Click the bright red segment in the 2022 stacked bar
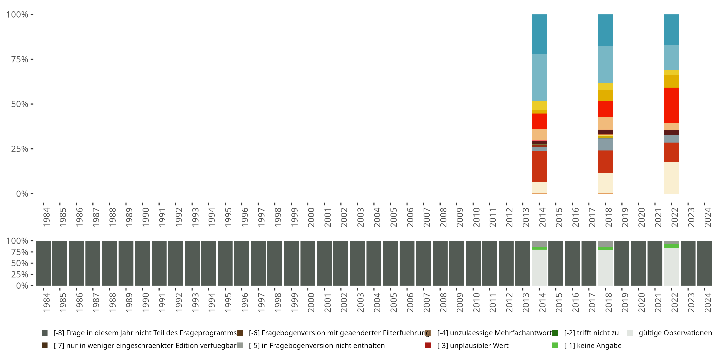(671, 105)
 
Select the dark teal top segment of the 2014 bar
(539, 34)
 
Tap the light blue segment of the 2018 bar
(606, 65)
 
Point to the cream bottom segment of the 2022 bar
(671, 178)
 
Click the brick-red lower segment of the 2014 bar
(539, 166)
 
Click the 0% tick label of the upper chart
(22, 194)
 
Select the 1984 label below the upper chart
(46, 217)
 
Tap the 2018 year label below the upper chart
(608, 217)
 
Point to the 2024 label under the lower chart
(708, 302)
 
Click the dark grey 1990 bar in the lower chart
(143, 263)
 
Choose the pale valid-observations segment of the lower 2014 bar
(539, 267)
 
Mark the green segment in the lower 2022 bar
(671, 246)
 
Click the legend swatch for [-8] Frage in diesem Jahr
(44, 333)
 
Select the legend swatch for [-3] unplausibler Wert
(428, 345)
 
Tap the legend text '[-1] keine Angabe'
(593, 345)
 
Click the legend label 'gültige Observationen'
(675, 333)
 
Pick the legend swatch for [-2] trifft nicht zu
(555, 333)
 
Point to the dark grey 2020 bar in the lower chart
(638, 263)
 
